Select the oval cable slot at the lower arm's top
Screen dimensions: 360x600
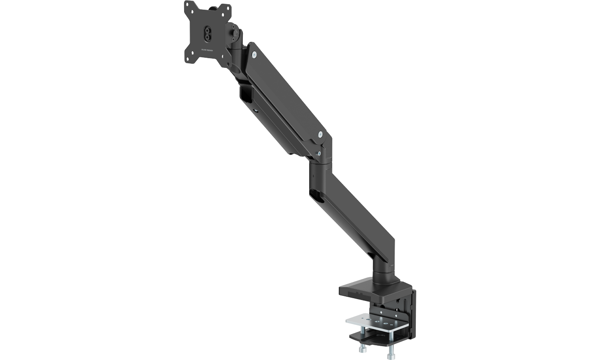click(317, 196)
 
